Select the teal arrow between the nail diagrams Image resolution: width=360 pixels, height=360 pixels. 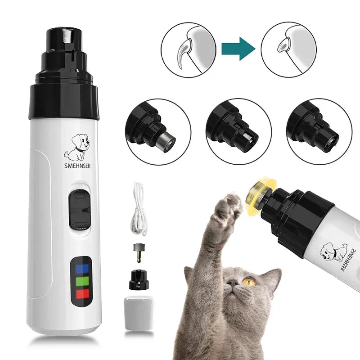238,49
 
